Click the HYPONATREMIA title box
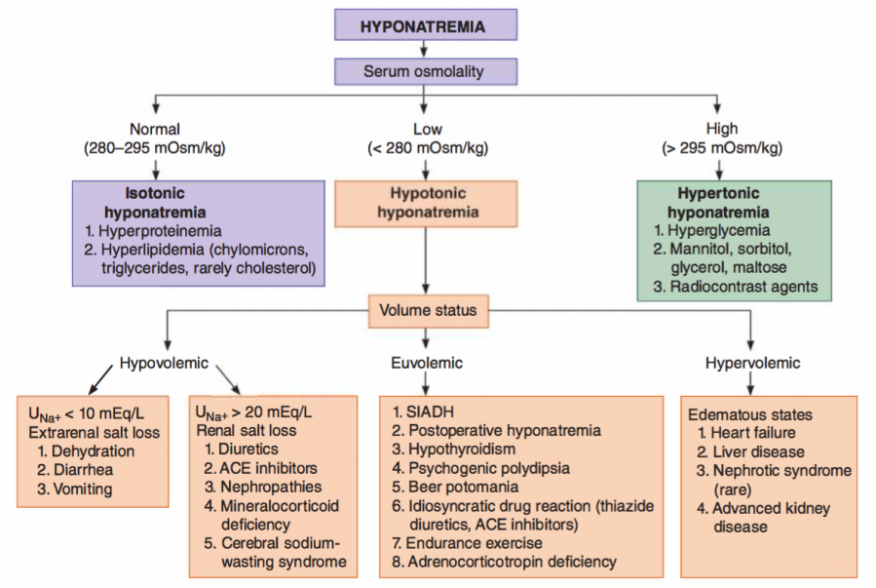pyautogui.click(x=426, y=24)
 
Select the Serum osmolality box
pyautogui.click(x=426, y=71)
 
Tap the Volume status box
pyautogui.click(x=429, y=311)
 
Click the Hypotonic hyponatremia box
pyautogui.click(x=426, y=204)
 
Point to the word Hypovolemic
pyautogui.click(x=164, y=364)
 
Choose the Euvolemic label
pyautogui.click(x=427, y=364)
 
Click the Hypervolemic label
pyautogui.click(x=752, y=364)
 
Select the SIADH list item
pyautogui.click(x=423, y=412)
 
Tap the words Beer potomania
pyautogui.click(x=464, y=487)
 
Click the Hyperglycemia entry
pyautogui.click(x=718, y=230)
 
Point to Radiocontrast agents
pyautogui.click(x=743, y=287)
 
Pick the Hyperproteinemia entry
pyautogui.click(x=160, y=231)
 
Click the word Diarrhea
pyautogui.click(x=83, y=469)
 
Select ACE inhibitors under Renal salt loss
pyautogui.click(x=268, y=468)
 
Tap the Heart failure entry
pyautogui.click(x=753, y=433)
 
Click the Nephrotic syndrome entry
pyautogui.click(x=782, y=471)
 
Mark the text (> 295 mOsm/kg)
pyautogui.click(x=722, y=148)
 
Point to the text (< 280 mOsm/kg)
pyautogui.click(x=428, y=148)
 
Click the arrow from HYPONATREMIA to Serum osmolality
pyautogui.click(x=424, y=49)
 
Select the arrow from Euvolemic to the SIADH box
pyautogui.click(x=426, y=384)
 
